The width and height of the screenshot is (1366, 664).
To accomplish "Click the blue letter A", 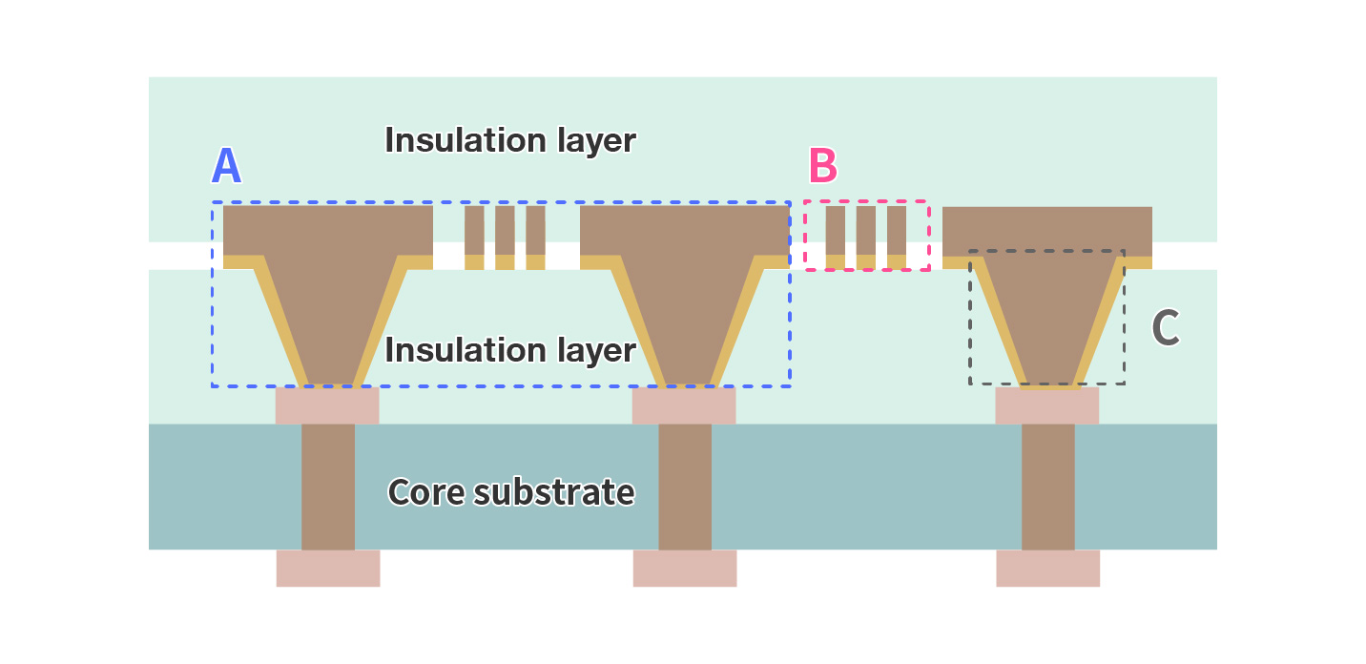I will pyautogui.click(x=226, y=166).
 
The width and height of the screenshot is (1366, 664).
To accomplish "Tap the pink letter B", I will pyautogui.click(x=822, y=166).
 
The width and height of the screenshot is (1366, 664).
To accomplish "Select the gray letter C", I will pyautogui.click(x=1165, y=328).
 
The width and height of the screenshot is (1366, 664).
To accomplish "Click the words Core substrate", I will pyautogui.click(x=510, y=492).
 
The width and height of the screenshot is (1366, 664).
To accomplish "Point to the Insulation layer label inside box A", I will pyautogui.click(x=510, y=350).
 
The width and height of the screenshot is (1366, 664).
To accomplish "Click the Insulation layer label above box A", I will pyautogui.click(x=510, y=140).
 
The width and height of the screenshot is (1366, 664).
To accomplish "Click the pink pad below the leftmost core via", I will pyautogui.click(x=328, y=568).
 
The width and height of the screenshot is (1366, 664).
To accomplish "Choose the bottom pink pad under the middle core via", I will pyautogui.click(x=685, y=568).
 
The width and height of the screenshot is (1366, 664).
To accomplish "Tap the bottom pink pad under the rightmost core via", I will pyautogui.click(x=1047, y=568).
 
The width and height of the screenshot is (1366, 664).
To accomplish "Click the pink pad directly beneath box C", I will pyautogui.click(x=1046, y=405).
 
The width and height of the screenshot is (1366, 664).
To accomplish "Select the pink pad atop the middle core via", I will pyautogui.click(x=684, y=405).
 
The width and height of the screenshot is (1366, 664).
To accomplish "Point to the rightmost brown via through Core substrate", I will pyautogui.click(x=1047, y=487).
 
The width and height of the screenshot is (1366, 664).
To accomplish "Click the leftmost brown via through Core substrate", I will pyautogui.click(x=328, y=487).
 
